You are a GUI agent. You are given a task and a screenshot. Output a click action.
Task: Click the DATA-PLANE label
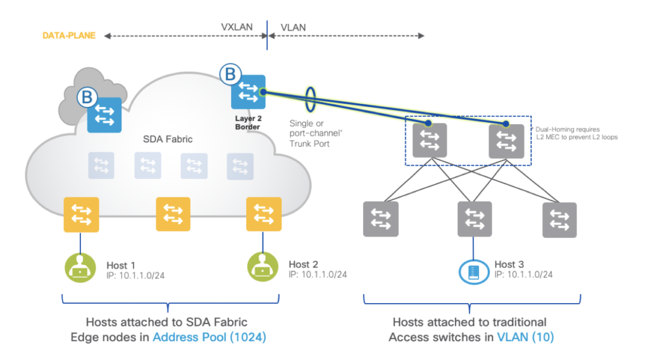click(69, 36)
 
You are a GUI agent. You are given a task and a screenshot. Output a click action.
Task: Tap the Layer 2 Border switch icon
click(248, 92)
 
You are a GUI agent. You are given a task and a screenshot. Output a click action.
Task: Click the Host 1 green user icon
click(80, 268)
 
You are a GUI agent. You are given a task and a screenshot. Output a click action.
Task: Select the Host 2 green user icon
click(263, 268)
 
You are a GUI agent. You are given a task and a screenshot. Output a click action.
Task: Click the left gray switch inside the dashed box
click(430, 140)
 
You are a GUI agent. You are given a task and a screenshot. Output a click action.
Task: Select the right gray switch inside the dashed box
click(506, 140)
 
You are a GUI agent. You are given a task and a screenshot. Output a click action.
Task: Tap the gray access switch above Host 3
click(475, 219)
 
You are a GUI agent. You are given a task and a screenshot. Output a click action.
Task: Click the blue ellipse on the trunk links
click(311, 99)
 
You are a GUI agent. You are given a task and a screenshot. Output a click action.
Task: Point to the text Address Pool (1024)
click(209, 337)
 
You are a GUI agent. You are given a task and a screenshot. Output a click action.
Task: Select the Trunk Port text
click(315, 145)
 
